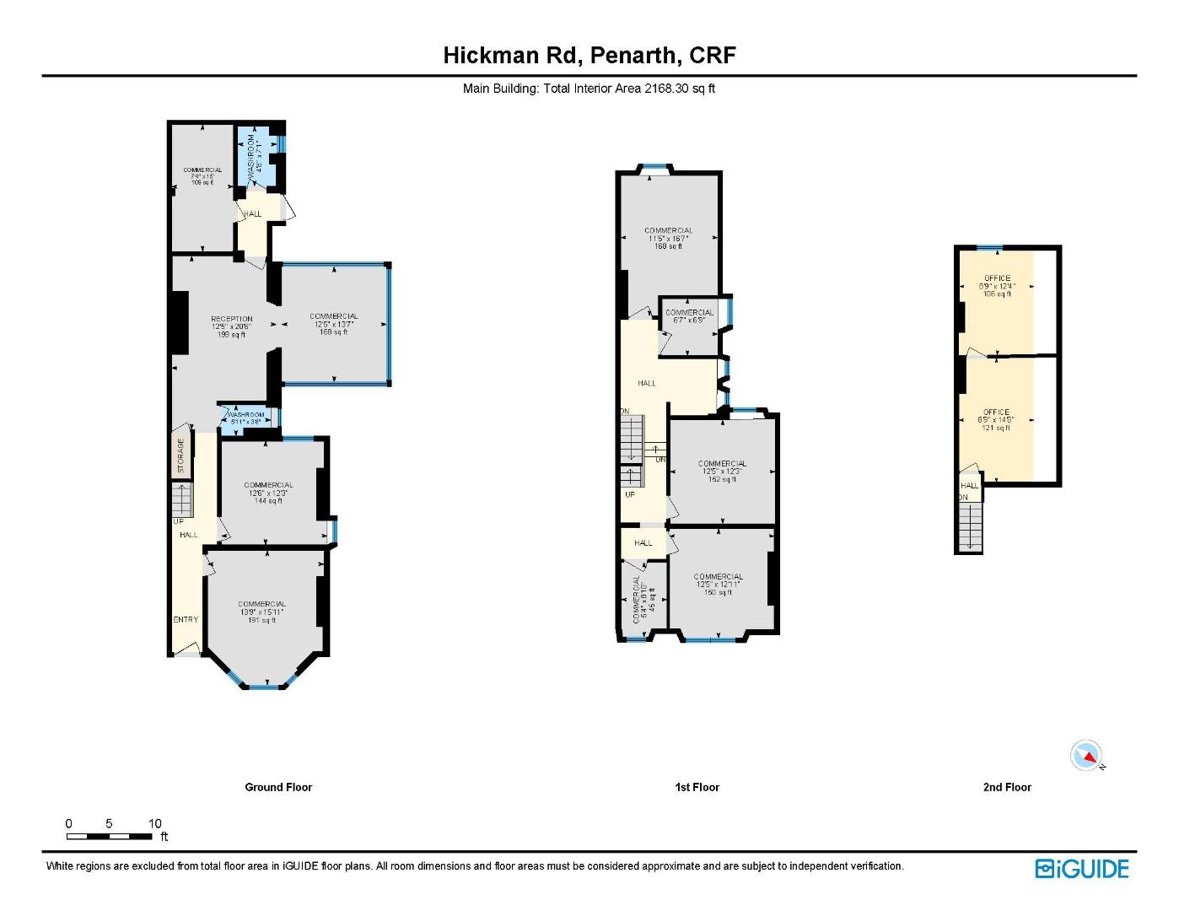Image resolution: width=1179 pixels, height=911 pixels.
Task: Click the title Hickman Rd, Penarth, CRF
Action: click(589, 56)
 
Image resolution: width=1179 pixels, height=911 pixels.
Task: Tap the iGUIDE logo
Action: click(1081, 869)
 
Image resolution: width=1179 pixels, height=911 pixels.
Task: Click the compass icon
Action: click(1086, 756)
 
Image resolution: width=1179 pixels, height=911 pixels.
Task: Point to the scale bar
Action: click(110, 836)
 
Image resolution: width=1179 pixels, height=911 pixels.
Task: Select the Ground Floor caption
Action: click(278, 787)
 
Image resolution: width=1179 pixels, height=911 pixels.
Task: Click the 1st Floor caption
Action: click(697, 787)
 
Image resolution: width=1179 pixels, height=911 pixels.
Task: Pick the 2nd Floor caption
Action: click(1007, 787)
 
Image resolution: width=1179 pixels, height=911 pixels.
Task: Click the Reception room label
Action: click(231, 326)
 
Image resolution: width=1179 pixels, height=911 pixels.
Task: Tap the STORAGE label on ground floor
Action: click(180, 455)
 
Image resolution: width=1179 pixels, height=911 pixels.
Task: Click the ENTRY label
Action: click(186, 619)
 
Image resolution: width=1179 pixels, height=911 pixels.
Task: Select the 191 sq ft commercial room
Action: click(261, 612)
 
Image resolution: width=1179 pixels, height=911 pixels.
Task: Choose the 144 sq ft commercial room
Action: click(268, 493)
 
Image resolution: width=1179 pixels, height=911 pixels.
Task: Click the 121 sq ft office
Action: click(996, 420)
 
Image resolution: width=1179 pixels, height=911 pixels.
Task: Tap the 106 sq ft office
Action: click(996, 286)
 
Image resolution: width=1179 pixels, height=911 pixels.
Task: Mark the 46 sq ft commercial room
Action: click(643, 601)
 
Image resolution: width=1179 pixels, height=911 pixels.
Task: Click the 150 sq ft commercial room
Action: click(718, 585)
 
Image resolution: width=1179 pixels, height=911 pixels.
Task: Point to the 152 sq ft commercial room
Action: click(722, 472)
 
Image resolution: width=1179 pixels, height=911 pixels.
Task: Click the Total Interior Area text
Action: click(589, 89)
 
